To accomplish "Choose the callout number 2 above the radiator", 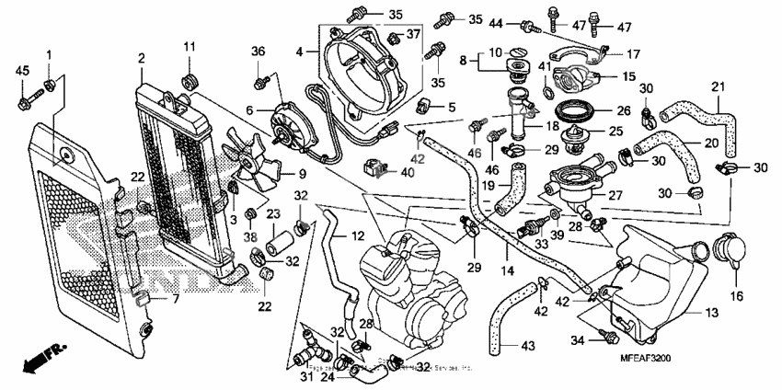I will tap(141, 59).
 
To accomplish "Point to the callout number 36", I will tap(259, 51).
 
